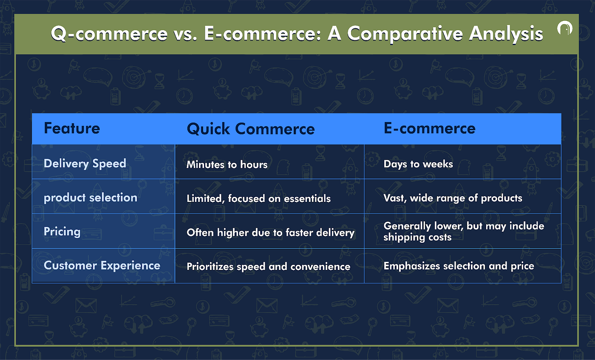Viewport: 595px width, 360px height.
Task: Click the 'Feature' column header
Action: tap(72, 128)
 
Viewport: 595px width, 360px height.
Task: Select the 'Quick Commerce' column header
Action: tap(251, 129)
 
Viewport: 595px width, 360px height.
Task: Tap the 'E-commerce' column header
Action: tap(430, 128)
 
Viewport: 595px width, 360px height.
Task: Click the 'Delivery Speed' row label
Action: tap(85, 163)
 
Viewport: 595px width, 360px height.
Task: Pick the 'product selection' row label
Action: tap(90, 198)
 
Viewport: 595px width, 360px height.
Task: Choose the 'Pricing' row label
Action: tap(62, 232)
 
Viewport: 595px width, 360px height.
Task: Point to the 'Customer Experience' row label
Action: tap(102, 265)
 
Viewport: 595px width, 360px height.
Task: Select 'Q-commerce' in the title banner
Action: tap(109, 34)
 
